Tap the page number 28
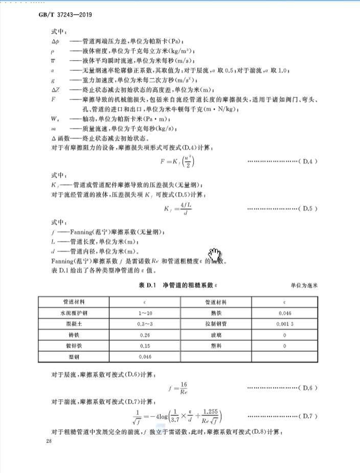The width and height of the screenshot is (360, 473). (x=49, y=442)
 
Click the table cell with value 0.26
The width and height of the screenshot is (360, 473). (x=144, y=335)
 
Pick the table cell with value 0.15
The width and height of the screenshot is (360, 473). (x=144, y=346)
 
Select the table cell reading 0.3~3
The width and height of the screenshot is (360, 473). (x=144, y=324)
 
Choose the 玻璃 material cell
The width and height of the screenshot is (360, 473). (x=216, y=335)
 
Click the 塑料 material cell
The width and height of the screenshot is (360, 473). (x=216, y=346)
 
